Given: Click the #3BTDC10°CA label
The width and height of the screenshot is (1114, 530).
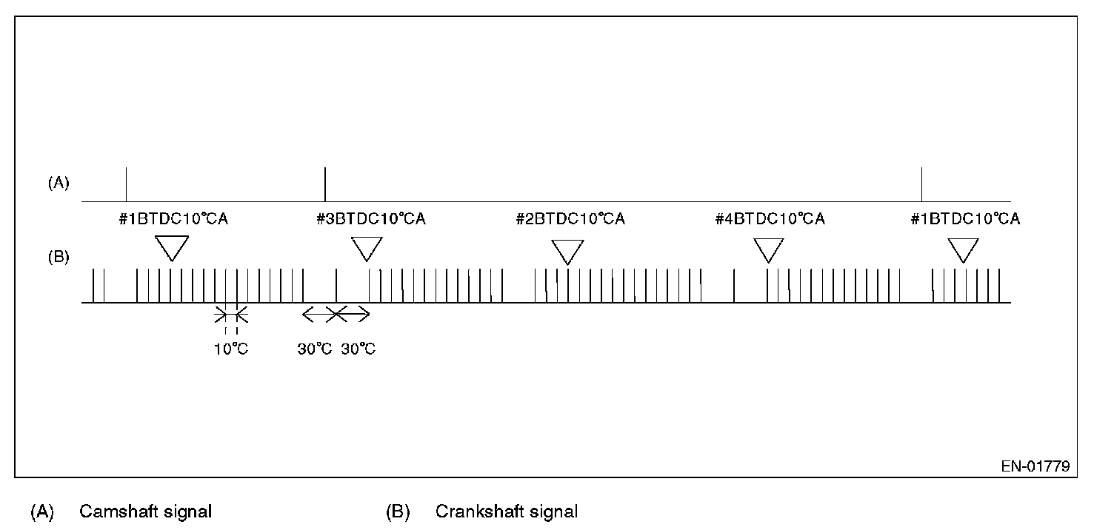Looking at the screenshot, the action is point(370,219).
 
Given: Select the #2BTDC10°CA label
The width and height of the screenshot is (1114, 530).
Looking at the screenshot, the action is point(570,219).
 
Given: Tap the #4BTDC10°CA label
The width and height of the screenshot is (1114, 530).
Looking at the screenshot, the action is point(770,219).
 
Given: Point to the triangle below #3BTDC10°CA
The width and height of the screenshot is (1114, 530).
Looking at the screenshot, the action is point(366,248).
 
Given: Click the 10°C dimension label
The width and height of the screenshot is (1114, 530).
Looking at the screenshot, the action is point(231,349).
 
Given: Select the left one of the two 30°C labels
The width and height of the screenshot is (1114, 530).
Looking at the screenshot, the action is point(315,349).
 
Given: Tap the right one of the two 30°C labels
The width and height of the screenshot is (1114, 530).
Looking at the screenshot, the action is point(358,349).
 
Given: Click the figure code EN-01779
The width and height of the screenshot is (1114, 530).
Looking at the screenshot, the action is point(1036,467).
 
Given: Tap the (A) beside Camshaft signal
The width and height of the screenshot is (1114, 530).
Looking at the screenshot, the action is point(42,511).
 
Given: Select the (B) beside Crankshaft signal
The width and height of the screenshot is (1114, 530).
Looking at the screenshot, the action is point(398,511).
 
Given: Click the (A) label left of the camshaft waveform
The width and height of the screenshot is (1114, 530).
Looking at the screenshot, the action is point(59,184).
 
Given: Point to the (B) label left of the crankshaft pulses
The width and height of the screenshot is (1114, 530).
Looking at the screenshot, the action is point(59,258).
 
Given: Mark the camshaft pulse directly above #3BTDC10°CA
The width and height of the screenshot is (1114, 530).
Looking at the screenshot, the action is point(325,184).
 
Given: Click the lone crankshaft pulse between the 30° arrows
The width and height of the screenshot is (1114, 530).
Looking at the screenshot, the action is point(336,285).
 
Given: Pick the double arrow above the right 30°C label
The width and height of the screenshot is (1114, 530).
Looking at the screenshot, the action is point(353,315).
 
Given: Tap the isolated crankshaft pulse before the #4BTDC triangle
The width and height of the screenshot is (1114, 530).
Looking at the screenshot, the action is point(734,285).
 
